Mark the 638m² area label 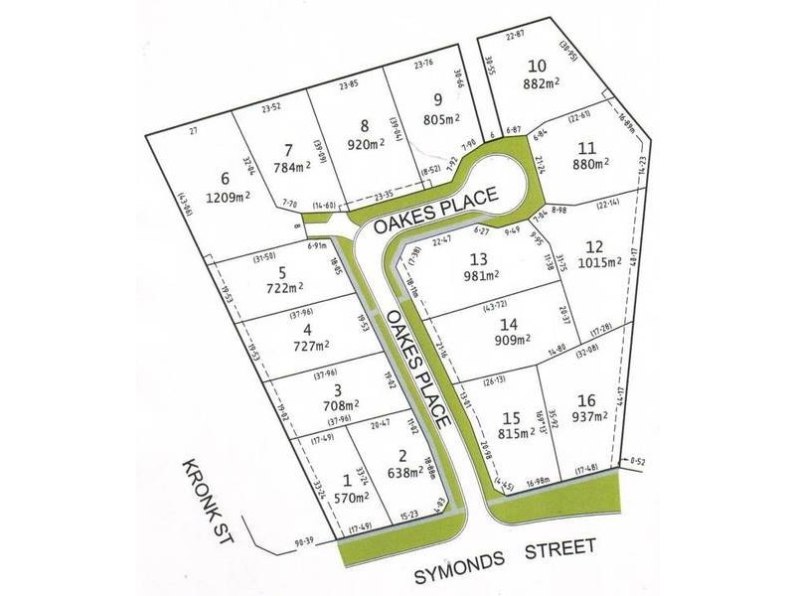[398, 473]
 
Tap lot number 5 [283, 272]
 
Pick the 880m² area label [587, 166]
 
